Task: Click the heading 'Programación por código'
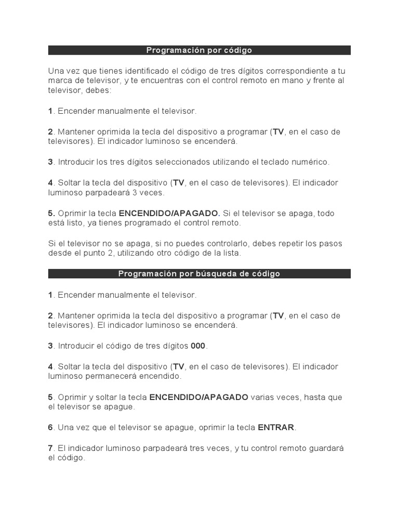[199, 50]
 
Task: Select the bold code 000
[198, 346]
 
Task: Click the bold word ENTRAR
[276, 428]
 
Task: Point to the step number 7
[50, 448]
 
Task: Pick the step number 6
[50, 428]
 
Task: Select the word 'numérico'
[310, 162]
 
